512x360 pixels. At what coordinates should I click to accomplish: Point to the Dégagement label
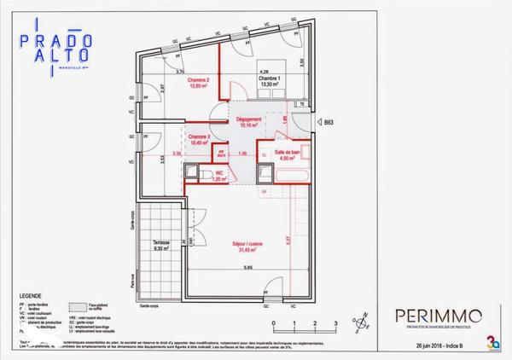254,122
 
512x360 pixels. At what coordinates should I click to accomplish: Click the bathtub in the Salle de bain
287,176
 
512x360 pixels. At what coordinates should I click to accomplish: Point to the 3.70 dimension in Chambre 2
180,72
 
